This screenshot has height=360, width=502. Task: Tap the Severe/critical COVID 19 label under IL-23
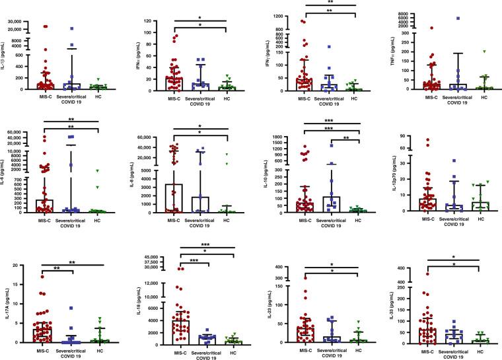click(x=326, y=352)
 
